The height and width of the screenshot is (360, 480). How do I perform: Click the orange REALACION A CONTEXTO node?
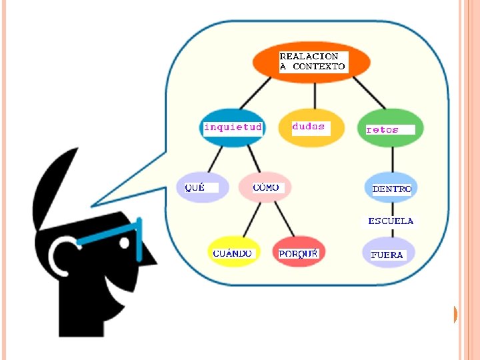[311, 62]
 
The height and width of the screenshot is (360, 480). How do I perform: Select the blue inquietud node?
[232, 127]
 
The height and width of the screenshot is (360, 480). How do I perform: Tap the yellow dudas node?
[311, 127]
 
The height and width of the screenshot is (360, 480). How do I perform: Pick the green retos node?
[390, 128]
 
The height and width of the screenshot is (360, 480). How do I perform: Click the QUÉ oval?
[202, 187]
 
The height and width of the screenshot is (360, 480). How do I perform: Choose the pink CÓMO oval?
[265, 187]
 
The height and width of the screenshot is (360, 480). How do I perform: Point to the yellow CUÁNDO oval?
[232, 253]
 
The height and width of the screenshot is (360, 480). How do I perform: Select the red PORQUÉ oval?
[298, 253]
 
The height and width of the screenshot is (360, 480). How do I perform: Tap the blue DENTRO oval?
[391, 189]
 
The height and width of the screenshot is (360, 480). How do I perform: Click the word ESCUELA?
[391, 221]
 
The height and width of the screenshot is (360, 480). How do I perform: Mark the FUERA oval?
[388, 254]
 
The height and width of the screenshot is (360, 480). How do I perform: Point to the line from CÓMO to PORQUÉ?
[283, 218]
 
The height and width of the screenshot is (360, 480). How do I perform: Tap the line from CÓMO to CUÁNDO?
[250, 218]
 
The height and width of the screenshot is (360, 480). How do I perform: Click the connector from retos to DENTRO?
[391, 157]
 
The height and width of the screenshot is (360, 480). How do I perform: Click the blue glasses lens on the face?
[139, 241]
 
